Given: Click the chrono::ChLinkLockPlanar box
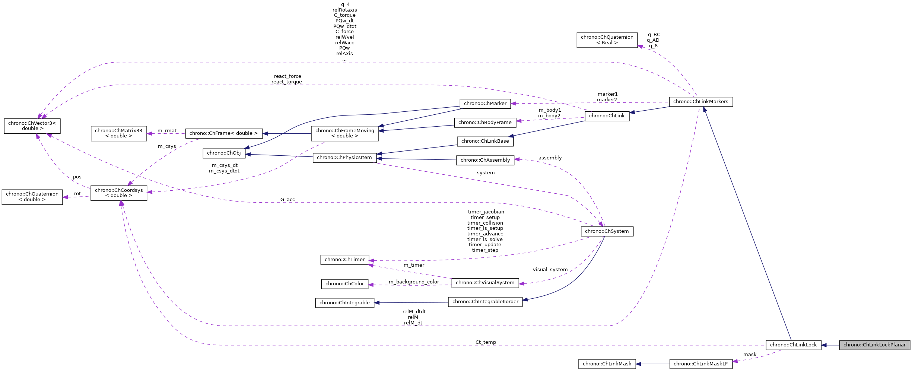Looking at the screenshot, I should pyautogui.click(x=874, y=345).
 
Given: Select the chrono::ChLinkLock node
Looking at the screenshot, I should pyautogui.click(x=793, y=345).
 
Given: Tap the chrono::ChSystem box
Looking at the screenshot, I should pyautogui.click(x=607, y=231).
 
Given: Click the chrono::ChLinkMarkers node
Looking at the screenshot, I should pyautogui.click(x=700, y=102).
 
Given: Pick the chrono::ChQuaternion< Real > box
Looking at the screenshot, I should pyautogui.click(x=607, y=40).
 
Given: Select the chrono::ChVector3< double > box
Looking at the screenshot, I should pyautogui.click(x=32, y=126).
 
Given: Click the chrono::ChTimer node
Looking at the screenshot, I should pyautogui.click(x=344, y=260).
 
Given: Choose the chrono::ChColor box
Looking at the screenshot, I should pyautogui.click(x=344, y=284).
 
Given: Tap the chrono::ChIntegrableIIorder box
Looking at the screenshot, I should pyautogui.click(x=485, y=302).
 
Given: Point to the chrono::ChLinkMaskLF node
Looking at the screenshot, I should pyautogui.click(x=700, y=364).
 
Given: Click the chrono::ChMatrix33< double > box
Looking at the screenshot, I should pyautogui.click(x=118, y=133).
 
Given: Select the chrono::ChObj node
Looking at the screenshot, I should pyautogui.click(x=224, y=153).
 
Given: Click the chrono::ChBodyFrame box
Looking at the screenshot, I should pyautogui.click(x=485, y=123).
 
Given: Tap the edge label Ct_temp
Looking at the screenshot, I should pyautogui.click(x=486, y=342).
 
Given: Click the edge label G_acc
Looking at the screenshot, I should pyautogui.click(x=287, y=200).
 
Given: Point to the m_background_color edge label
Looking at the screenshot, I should pyautogui.click(x=414, y=282).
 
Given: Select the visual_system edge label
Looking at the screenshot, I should pyautogui.click(x=550, y=270).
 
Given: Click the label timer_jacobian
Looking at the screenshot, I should pyautogui.click(x=486, y=212).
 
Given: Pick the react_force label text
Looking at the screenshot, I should pyautogui.click(x=287, y=76).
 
